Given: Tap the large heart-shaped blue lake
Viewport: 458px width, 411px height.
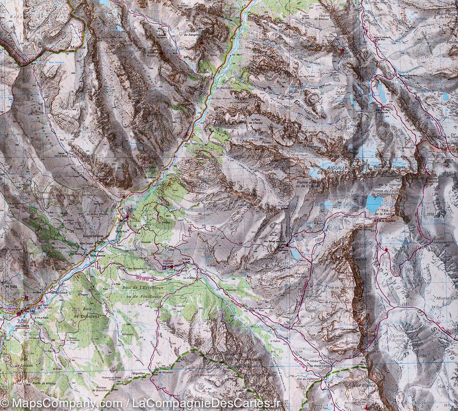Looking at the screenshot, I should pyautogui.click(x=374, y=201).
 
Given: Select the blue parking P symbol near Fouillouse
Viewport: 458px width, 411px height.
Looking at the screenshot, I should pyautogui.click(x=165, y=268).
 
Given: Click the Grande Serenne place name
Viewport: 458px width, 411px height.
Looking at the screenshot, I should pyautogui.click(x=94, y=236).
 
